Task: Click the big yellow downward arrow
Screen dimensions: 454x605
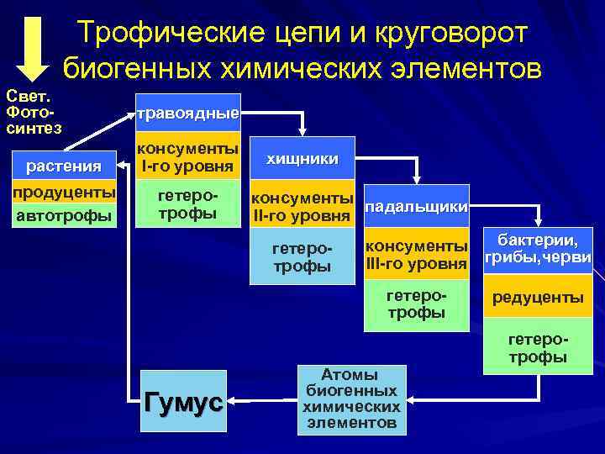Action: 33,46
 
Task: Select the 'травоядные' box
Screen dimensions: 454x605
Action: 188,113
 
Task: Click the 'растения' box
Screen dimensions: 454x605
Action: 64,166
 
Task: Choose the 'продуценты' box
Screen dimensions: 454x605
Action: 64,193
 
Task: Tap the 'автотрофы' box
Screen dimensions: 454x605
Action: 64,217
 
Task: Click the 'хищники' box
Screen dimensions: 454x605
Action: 302,159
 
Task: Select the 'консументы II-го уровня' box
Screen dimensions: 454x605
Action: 302,207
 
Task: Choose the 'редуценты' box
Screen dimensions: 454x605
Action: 538,298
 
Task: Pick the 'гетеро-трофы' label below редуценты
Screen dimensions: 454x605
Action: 538,348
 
